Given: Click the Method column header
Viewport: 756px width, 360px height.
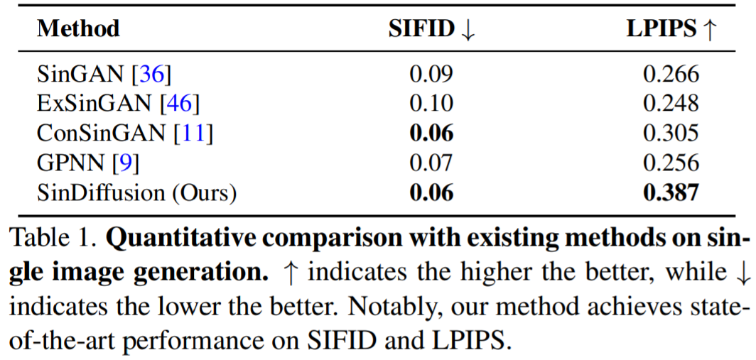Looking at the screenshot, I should [78, 29].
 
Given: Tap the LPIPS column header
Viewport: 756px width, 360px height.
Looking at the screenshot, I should [670, 29].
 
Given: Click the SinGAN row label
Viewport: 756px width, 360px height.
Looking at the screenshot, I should [104, 74].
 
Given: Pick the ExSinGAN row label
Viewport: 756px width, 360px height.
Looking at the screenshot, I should [118, 104].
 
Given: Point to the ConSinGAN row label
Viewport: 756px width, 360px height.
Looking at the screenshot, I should [125, 133].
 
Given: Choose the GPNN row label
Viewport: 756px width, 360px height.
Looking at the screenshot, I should [88, 163].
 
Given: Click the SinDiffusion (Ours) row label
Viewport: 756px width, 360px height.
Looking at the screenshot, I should [136, 193].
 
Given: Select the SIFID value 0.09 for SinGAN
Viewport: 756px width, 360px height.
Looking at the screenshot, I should [431, 74].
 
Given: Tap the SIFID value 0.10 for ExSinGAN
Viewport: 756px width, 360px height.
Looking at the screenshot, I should [431, 104].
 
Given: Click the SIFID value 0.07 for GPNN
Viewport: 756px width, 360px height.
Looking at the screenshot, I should [431, 163].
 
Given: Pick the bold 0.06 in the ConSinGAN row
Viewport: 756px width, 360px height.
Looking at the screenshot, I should [431, 133].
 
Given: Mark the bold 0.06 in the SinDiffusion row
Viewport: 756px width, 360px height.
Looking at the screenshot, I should [431, 193].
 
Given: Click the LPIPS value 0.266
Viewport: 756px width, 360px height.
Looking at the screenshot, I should [671, 74].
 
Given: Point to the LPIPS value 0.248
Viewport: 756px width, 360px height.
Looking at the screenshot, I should [671, 104].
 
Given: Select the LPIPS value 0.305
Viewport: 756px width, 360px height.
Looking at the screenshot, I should [671, 133].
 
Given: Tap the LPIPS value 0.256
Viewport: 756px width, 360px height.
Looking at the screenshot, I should [671, 163].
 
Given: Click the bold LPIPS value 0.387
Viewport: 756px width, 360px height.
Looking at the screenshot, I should [671, 193].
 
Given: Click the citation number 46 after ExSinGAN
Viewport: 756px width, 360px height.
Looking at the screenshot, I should [180, 104].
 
